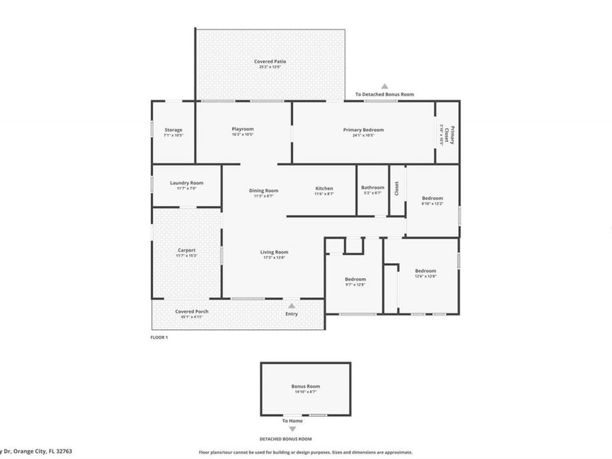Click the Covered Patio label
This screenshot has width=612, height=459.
[x=270, y=62]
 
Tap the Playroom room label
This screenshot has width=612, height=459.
[x=242, y=129]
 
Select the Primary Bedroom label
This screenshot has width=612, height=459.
[x=363, y=130]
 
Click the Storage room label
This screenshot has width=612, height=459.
[x=173, y=130]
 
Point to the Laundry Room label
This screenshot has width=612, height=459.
[x=186, y=183]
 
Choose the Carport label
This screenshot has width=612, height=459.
[x=186, y=250]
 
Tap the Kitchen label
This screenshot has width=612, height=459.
[x=324, y=188]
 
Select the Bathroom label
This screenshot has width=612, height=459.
[x=373, y=188]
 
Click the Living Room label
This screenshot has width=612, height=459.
[x=274, y=252]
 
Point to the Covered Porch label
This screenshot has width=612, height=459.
[x=192, y=311]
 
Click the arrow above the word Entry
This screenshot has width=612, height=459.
[x=292, y=306]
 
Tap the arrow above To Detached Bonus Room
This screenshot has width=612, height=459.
[x=384, y=86]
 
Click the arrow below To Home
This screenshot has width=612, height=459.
[x=292, y=429]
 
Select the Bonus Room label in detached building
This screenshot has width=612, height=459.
[x=305, y=386]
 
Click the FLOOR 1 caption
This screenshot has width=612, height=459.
[x=158, y=337]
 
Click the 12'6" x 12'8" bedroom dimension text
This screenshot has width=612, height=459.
[x=425, y=276]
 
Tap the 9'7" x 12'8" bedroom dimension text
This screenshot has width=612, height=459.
[x=355, y=284]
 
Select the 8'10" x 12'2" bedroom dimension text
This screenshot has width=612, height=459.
[x=432, y=203]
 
